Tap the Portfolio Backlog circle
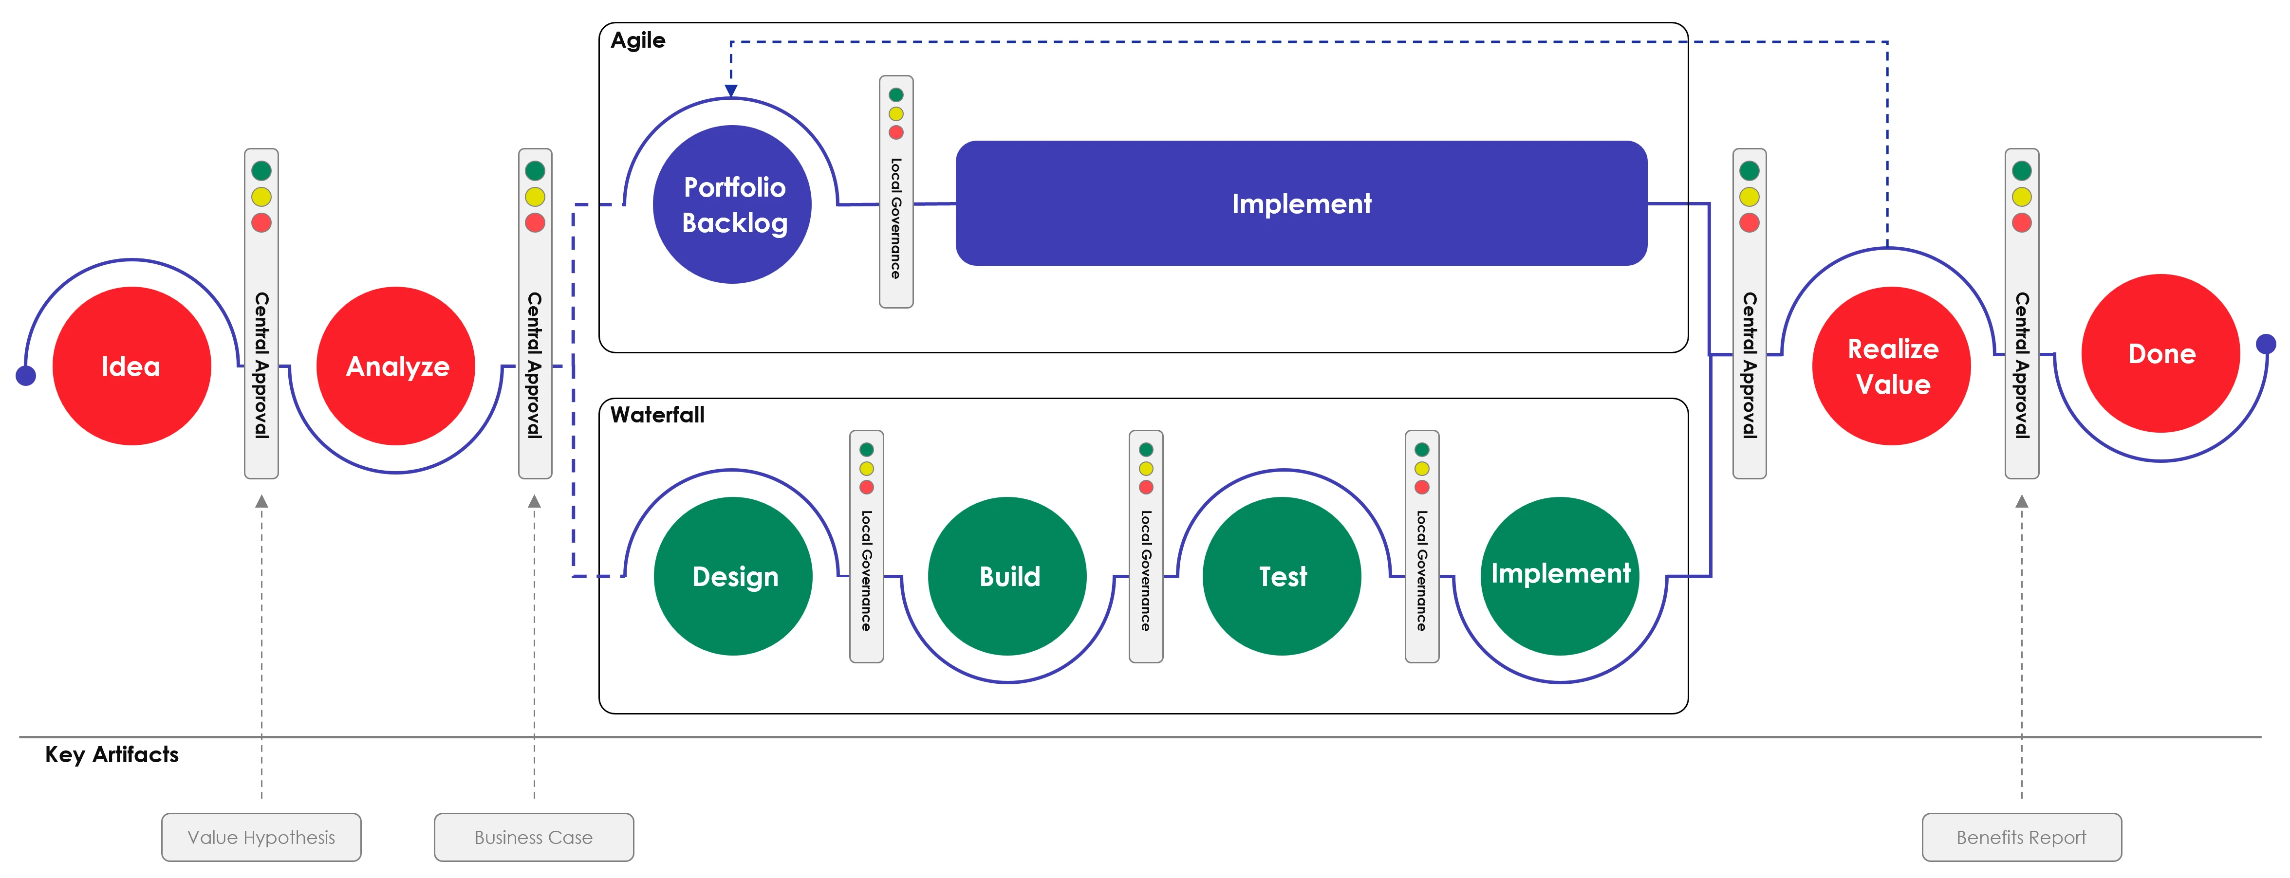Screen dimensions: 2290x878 (732, 204)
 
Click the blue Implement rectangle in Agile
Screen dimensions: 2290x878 (1302, 203)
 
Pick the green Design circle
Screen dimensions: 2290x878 (733, 576)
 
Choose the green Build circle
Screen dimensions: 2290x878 (1007, 576)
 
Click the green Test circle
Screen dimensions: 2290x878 (1282, 576)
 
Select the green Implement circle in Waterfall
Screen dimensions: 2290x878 (1560, 576)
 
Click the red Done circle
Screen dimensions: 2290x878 (2161, 354)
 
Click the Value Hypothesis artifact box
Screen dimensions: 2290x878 (261, 837)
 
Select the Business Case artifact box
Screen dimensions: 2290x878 (533, 837)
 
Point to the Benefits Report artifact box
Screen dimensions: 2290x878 (2022, 837)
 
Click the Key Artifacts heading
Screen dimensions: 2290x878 (112, 754)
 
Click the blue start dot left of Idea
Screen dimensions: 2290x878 (26, 376)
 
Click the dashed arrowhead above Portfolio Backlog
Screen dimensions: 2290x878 (731, 91)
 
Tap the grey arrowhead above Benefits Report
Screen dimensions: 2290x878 (2022, 501)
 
